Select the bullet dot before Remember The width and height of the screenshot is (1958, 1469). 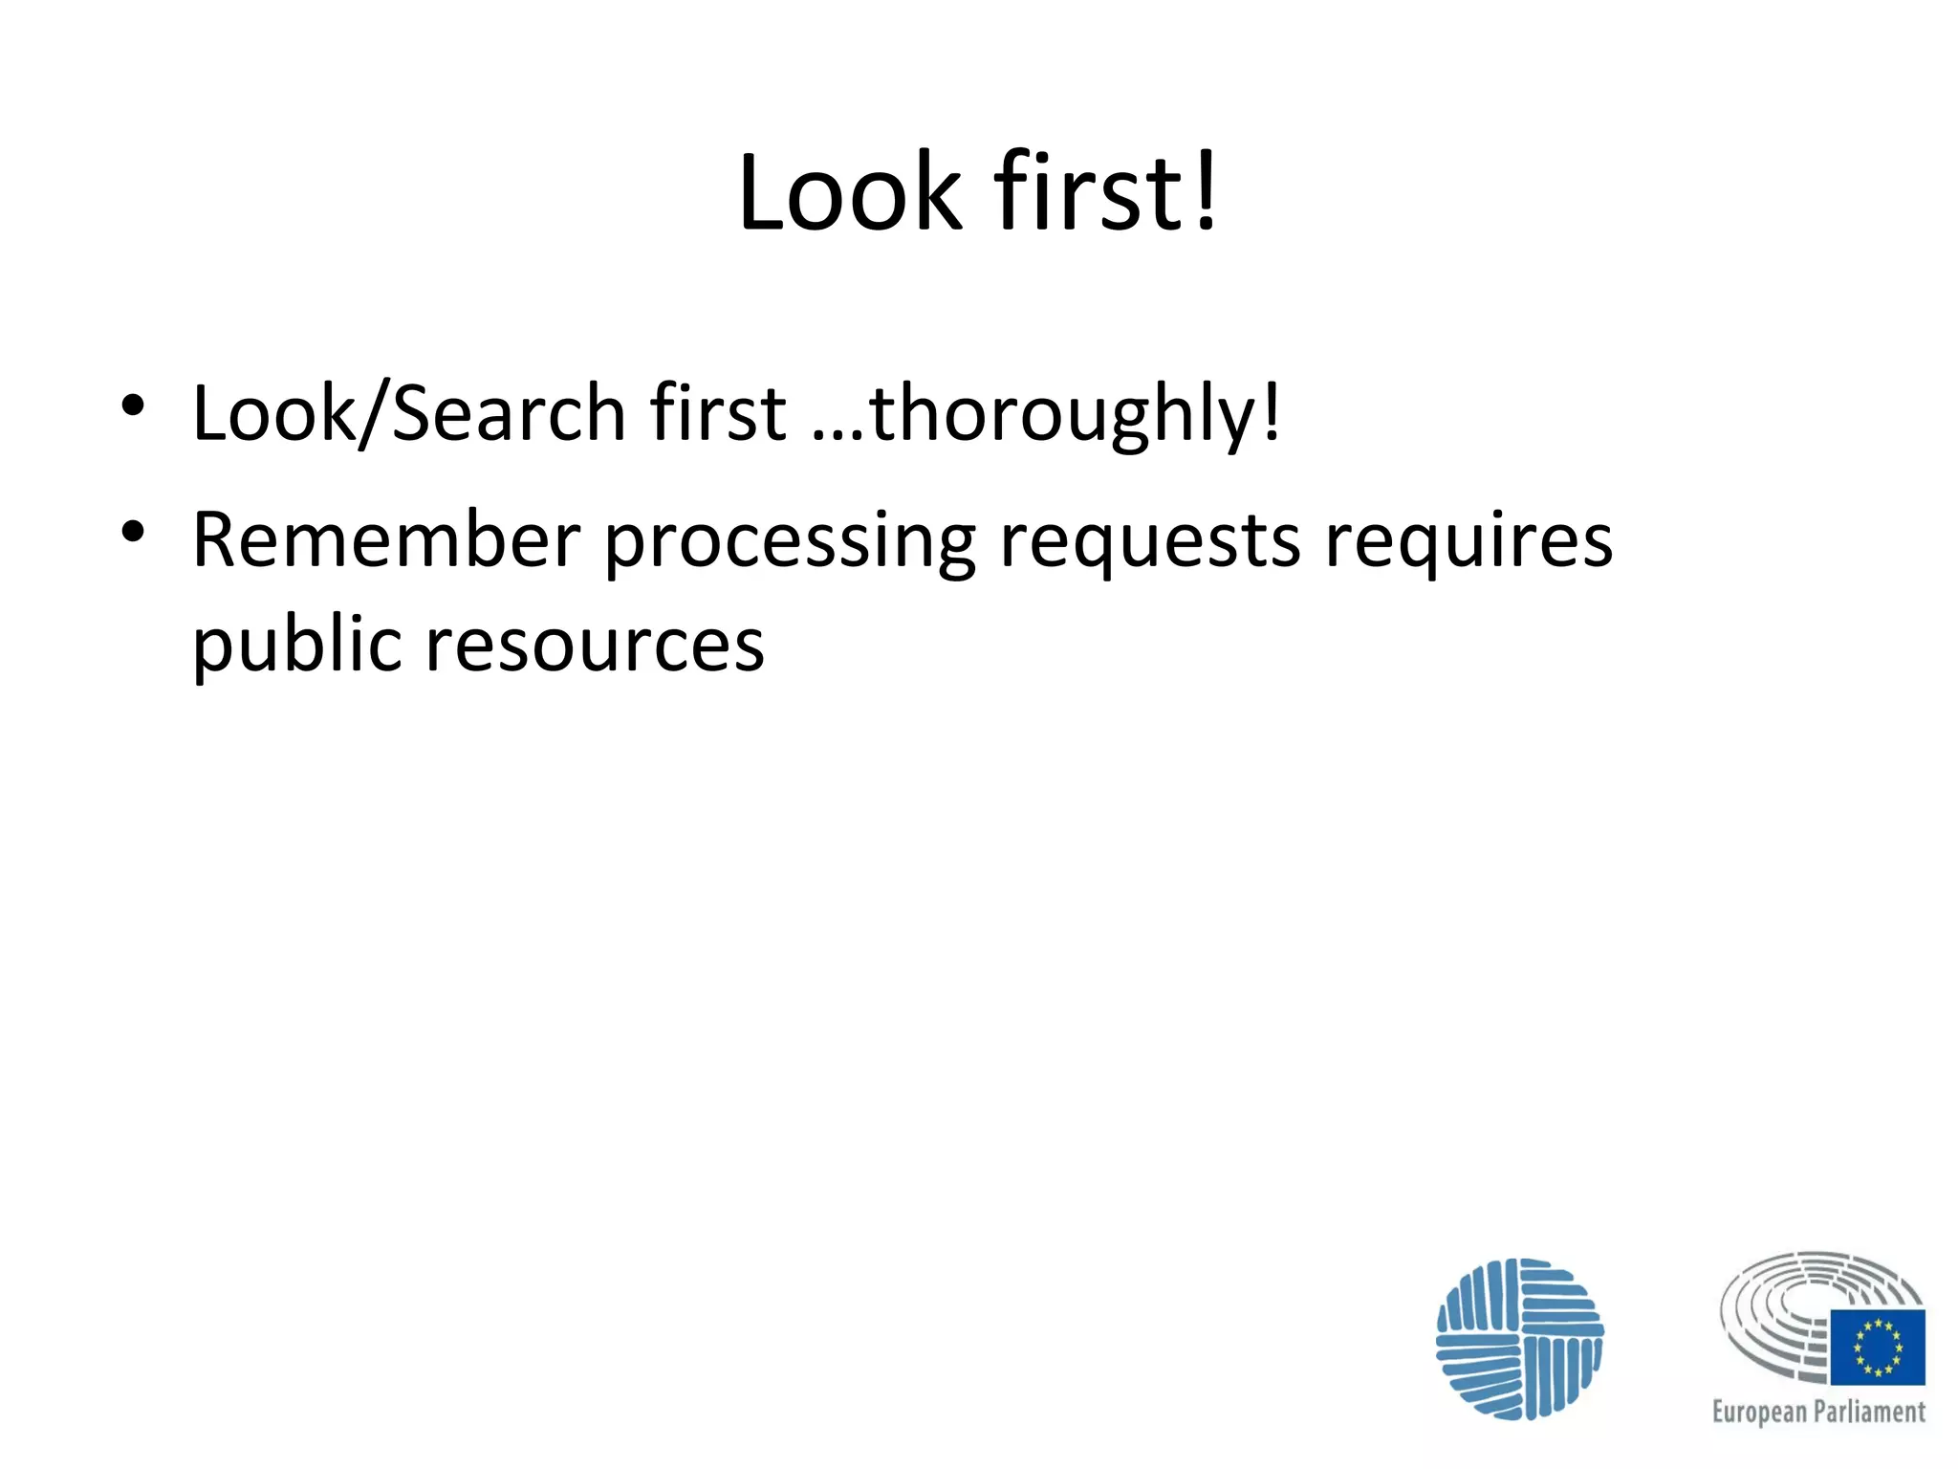tap(133, 532)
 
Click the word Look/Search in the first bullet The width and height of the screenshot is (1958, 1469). tap(408, 413)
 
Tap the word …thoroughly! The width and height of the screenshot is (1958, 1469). tap(1046, 415)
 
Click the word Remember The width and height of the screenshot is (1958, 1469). tap(386, 540)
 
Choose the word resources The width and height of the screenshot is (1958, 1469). tap(595, 645)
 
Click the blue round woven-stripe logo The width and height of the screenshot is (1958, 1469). tap(1519, 1338)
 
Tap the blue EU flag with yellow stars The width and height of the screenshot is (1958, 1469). tap(1878, 1347)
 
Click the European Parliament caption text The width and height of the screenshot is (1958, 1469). tap(1818, 1412)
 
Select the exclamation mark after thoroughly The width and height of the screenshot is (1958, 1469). tap(1271, 411)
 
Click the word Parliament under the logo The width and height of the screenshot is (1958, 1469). tap(1871, 1412)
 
